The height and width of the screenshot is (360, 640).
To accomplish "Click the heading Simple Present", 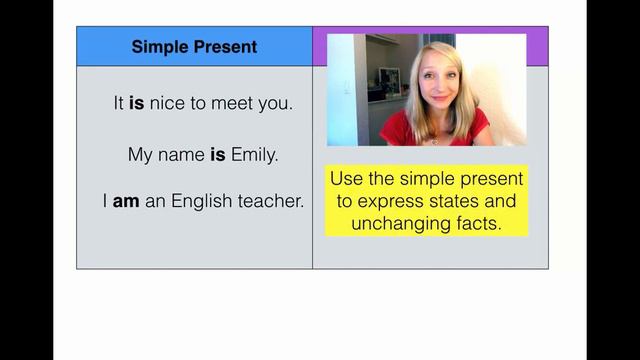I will tap(194, 47).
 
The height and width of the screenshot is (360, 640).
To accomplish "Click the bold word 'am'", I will tap(125, 201).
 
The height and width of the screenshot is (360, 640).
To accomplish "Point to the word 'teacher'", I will tap(271, 201).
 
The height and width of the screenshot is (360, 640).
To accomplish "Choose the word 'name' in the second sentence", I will tap(181, 155).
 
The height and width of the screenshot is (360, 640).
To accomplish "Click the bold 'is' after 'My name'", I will tap(217, 155).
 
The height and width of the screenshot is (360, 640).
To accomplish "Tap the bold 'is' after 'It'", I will tap(137, 103).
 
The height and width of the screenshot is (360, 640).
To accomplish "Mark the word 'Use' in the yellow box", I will tap(347, 180).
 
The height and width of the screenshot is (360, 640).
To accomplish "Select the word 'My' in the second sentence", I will tap(140, 155).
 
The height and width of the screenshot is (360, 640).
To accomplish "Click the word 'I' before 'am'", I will tap(105, 201).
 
